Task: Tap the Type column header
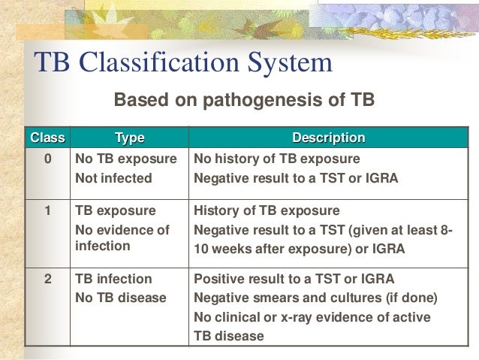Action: (129, 138)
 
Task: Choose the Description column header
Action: (328, 138)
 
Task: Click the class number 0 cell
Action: (47, 159)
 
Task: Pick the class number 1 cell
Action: (47, 210)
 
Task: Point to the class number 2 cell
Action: (47, 278)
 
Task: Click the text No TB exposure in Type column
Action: (126, 159)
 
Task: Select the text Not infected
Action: (113, 179)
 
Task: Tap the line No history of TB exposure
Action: (277, 159)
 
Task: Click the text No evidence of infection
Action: (122, 238)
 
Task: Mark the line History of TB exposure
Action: (267, 210)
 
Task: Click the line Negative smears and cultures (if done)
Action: (315, 298)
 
